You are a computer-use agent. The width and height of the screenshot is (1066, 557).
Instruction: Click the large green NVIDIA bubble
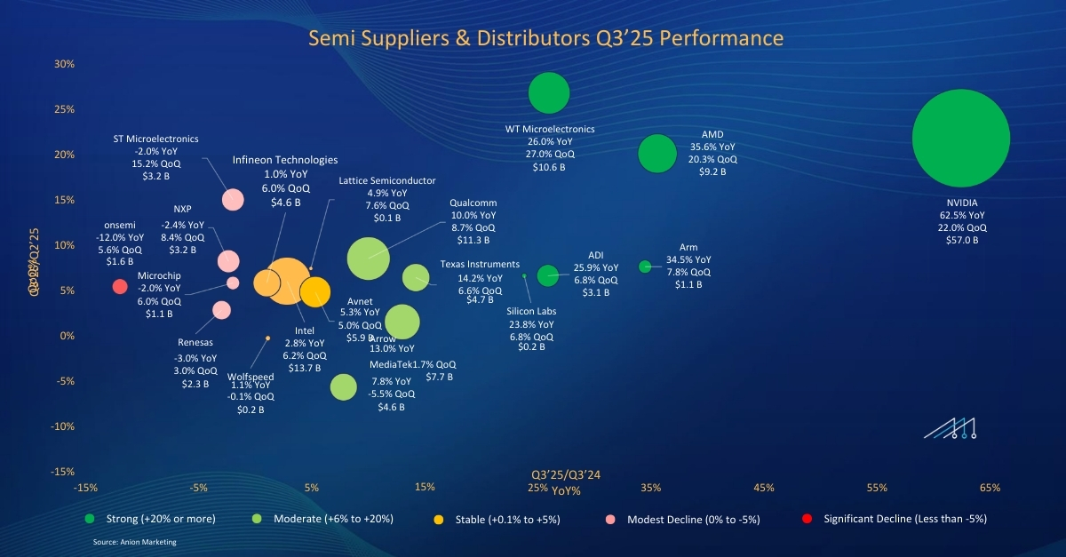(x=961, y=139)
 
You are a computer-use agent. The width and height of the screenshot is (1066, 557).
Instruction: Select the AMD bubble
(x=657, y=154)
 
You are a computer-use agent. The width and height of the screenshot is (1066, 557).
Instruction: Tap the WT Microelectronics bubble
(x=548, y=92)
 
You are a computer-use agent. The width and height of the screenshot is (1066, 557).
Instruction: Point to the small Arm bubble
(x=645, y=267)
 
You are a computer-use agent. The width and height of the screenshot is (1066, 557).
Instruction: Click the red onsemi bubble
(x=120, y=286)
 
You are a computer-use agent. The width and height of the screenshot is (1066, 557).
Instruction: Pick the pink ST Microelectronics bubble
(x=233, y=199)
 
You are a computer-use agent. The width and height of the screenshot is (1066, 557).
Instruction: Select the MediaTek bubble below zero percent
(x=343, y=387)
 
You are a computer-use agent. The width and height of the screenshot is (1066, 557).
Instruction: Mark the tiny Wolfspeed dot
(x=267, y=338)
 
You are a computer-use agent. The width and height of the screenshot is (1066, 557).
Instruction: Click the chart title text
(x=545, y=38)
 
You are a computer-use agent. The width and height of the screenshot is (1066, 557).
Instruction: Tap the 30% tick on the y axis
(x=63, y=64)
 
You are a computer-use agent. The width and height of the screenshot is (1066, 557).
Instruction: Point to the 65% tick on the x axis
(x=990, y=488)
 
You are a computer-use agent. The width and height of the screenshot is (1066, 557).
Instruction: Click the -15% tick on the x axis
(x=85, y=488)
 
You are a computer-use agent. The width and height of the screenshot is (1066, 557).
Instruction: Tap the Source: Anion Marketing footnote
(x=135, y=541)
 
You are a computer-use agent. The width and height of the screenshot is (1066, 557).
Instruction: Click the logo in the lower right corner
(x=950, y=428)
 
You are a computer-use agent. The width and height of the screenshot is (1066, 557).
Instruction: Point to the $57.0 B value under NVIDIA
(x=963, y=240)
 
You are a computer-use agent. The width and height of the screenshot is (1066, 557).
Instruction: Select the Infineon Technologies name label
(x=285, y=160)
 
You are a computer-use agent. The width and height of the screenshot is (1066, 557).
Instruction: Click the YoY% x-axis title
(x=566, y=489)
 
